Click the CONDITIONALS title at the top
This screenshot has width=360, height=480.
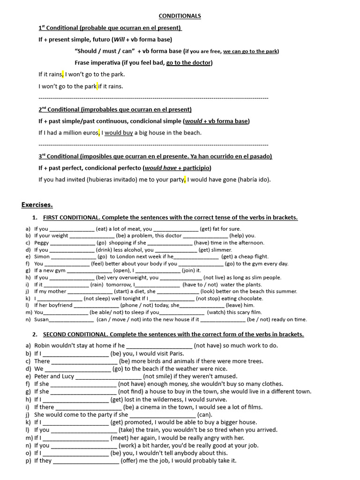180,16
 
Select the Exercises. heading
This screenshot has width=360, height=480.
37,204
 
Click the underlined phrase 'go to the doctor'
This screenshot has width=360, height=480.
189,62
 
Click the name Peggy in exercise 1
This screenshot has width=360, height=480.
41,243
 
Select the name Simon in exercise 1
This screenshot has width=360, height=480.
42,256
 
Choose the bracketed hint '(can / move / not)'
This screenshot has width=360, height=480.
120,319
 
